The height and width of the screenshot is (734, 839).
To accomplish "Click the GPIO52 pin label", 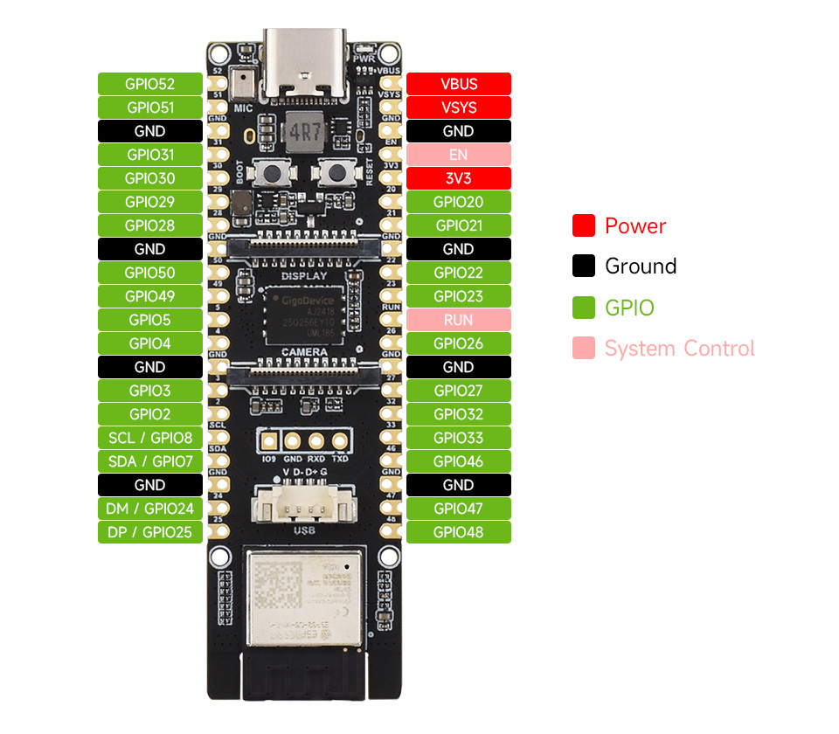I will point(149,84).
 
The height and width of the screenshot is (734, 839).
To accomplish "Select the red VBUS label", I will point(459,84).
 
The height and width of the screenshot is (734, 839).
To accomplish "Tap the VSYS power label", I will point(459,107).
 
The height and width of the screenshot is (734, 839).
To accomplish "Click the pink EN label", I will point(459,155).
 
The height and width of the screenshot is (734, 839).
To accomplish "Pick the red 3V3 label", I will point(459,178).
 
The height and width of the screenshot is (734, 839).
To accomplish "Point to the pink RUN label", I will point(459,320).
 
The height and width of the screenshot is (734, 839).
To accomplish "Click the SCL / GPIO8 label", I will point(149,438).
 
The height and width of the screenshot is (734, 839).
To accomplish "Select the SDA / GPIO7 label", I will point(149,461).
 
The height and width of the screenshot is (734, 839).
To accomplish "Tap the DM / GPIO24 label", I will point(149,509).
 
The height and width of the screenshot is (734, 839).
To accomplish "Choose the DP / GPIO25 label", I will point(149,532).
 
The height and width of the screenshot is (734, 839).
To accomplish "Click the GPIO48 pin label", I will point(459,532).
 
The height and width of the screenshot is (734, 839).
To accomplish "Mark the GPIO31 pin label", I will point(149,155).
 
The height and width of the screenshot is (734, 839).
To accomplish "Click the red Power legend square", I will point(584,225).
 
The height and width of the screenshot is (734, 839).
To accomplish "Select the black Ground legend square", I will point(584,267).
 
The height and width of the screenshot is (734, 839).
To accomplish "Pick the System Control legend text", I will point(679,349).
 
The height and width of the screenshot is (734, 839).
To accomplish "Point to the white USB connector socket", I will point(304,509).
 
